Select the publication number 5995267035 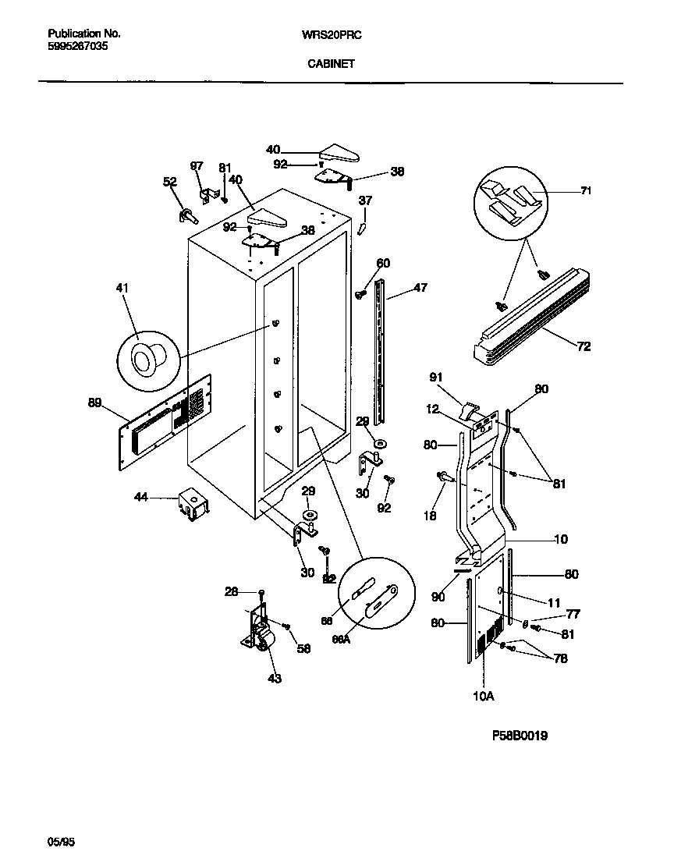tap(78, 46)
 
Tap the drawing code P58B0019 tap(520, 736)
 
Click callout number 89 tap(94, 403)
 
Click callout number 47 tap(420, 289)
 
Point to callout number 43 tap(274, 678)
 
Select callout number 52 tap(169, 182)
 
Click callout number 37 tap(365, 200)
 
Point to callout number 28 tap(231, 593)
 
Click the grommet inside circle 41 tap(147, 358)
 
